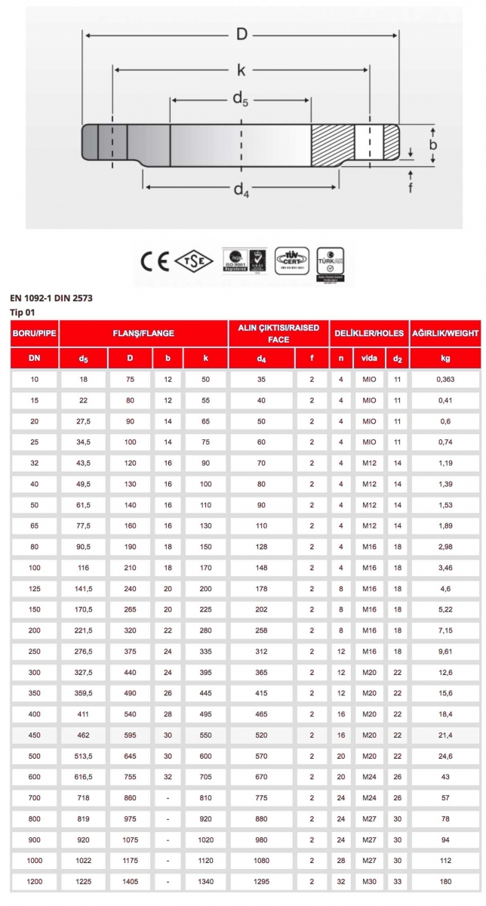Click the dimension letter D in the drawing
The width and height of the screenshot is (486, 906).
[x=241, y=35]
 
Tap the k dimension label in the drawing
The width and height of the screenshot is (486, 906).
[x=241, y=70]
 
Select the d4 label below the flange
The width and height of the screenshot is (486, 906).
[x=241, y=190]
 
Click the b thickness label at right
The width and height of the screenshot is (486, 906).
[x=434, y=144]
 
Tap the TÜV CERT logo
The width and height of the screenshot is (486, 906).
[x=291, y=260]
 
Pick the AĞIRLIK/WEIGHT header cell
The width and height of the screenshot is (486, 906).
[x=445, y=333]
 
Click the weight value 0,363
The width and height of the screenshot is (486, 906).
[x=445, y=379]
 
